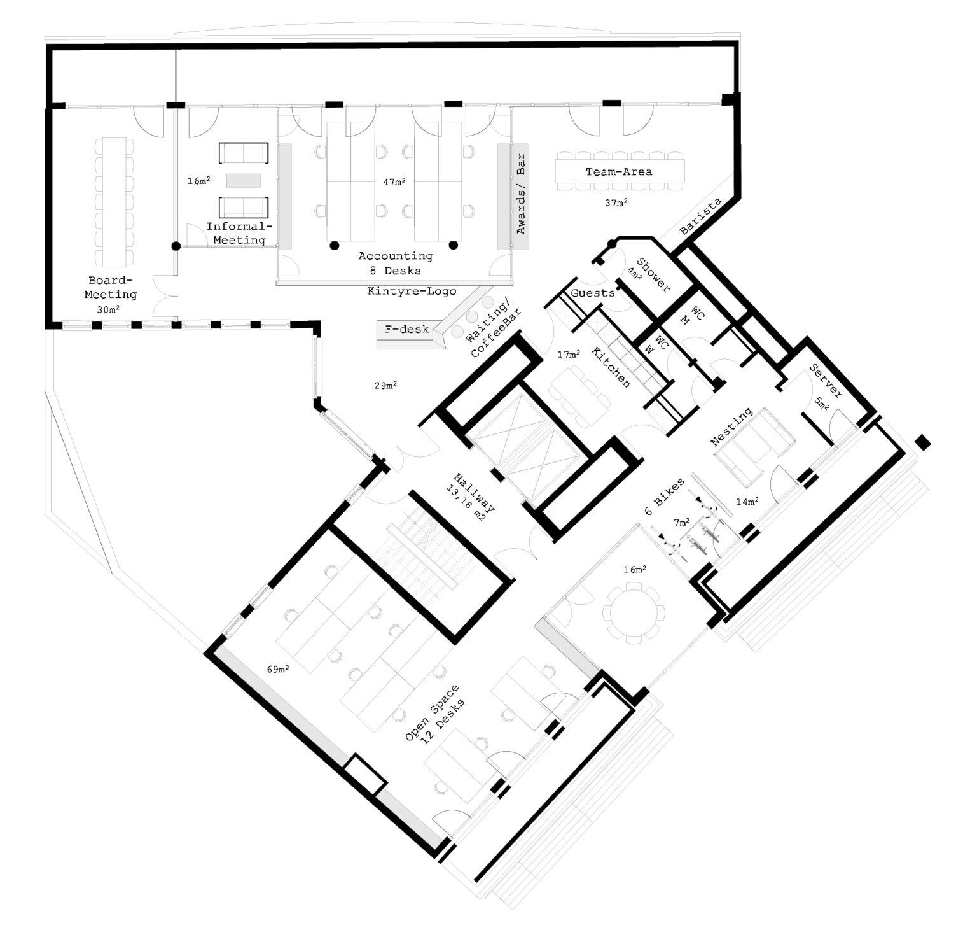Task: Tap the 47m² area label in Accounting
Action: coord(394,182)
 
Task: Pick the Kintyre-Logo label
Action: coord(412,292)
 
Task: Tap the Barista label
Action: coord(700,216)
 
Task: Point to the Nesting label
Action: coord(732,427)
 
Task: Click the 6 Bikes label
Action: coord(665,497)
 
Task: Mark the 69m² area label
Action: coord(278,669)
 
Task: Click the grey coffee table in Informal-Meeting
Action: coord(244,180)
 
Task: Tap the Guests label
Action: coord(593,293)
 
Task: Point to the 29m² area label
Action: coord(386,385)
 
